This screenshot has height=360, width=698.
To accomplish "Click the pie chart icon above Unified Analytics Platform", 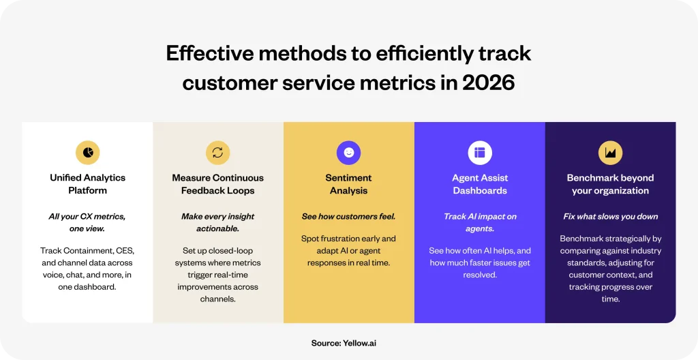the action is (88, 152).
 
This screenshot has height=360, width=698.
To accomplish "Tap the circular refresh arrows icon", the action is (217, 152).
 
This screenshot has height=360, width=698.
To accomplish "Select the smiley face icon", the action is (348, 152).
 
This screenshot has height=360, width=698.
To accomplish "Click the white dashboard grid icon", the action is (480, 152).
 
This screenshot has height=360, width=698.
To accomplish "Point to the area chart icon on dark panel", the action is (610, 152).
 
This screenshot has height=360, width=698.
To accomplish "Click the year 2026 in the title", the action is (488, 82).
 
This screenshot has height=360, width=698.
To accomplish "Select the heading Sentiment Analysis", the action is (348, 184).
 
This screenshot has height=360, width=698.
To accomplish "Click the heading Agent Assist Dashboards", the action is (480, 184).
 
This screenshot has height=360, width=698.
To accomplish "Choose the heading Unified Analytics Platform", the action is (88, 184).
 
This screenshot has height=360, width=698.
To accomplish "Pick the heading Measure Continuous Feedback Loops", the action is (217, 184).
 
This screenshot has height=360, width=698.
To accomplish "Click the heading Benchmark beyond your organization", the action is (610, 184).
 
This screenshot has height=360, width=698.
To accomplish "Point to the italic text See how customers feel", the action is (348, 217).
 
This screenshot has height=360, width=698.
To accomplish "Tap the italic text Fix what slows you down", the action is (610, 217).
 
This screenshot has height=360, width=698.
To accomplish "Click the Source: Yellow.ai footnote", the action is (344, 343).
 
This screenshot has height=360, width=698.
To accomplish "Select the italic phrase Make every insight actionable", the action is (217, 222).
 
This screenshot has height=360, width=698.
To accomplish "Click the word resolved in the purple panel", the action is (480, 275).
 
